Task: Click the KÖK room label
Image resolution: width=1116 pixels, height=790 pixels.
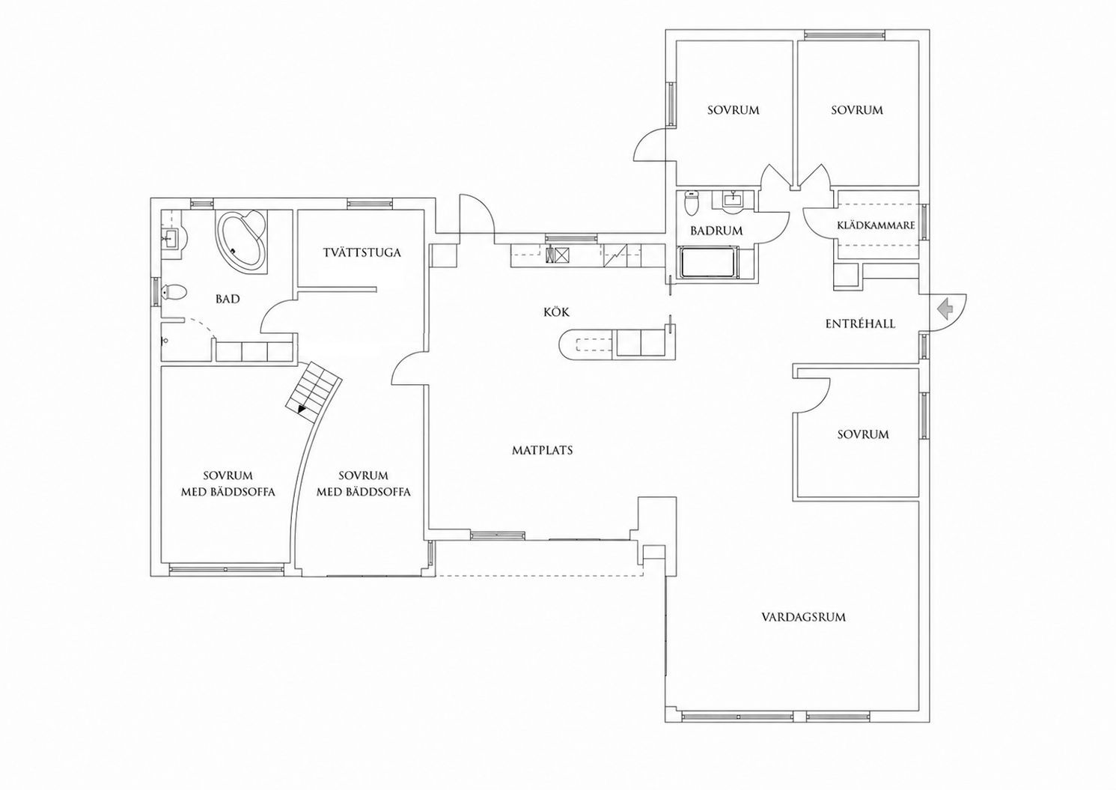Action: pos(557,312)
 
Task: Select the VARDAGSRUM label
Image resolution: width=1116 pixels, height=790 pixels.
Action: pos(804,618)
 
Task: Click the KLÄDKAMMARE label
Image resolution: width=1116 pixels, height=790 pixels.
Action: pos(876,225)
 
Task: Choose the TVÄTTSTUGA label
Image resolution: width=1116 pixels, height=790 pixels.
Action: pos(362,252)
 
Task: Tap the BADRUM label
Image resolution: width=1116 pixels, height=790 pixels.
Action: pos(716,231)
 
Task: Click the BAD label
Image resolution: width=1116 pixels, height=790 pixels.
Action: pos(228,299)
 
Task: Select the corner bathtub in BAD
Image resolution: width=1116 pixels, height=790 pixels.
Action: pos(242,242)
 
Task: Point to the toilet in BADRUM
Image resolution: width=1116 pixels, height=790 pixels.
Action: pos(692,203)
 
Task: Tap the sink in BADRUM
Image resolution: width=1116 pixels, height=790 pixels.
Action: pos(733,201)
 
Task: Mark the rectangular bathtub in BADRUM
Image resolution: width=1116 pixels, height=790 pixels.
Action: pos(709,263)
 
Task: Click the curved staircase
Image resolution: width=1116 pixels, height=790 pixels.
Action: pos(314,386)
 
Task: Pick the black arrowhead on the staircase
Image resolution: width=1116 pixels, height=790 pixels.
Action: pos(301,409)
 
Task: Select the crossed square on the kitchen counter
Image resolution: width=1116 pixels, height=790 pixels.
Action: pos(562,255)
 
